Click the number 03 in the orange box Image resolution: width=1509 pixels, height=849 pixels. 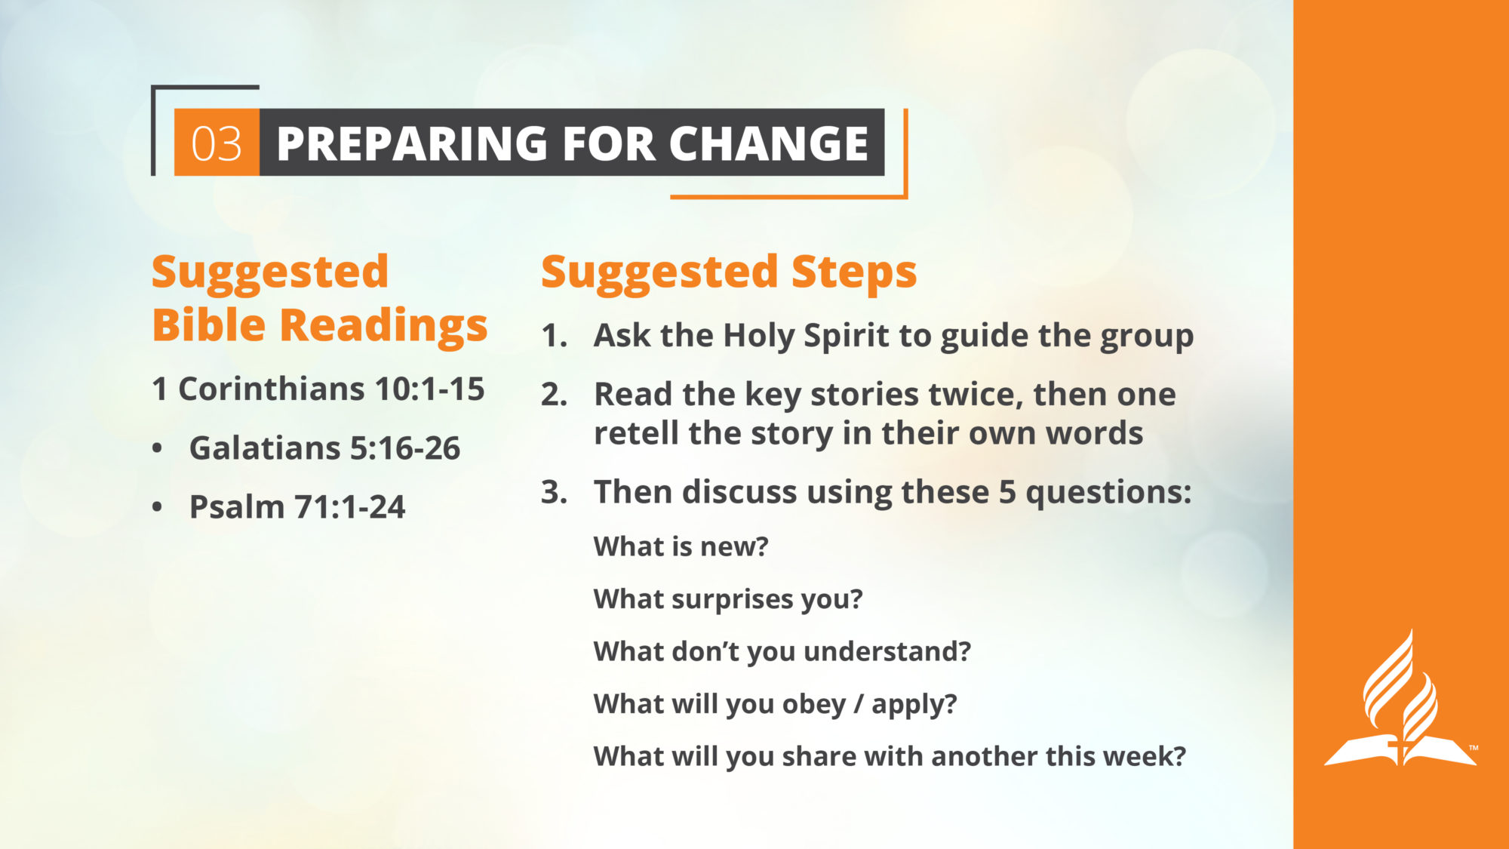point(217,143)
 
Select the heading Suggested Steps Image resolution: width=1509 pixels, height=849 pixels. point(729,272)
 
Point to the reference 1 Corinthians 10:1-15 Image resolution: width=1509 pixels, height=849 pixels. point(318,389)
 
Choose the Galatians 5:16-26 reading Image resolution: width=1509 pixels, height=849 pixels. point(324,448)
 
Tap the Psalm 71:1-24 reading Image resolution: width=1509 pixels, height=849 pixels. point(297,507)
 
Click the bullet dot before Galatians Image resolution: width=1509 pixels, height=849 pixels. point(157,448)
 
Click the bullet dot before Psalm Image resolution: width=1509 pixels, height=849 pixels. point(157,507)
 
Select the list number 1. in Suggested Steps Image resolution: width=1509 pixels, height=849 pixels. point(554,336)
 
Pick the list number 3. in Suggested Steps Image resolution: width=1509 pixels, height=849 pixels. point(554,492)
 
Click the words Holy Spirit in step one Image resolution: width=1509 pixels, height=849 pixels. point(816,337)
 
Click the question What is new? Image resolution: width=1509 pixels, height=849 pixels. point(681,546)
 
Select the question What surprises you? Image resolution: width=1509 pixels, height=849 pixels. point(728,599)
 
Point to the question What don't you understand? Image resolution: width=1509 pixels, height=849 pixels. point(782,651)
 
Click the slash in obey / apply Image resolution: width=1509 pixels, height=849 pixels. point(859,704)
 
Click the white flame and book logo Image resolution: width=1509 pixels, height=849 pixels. point(1400,699)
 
